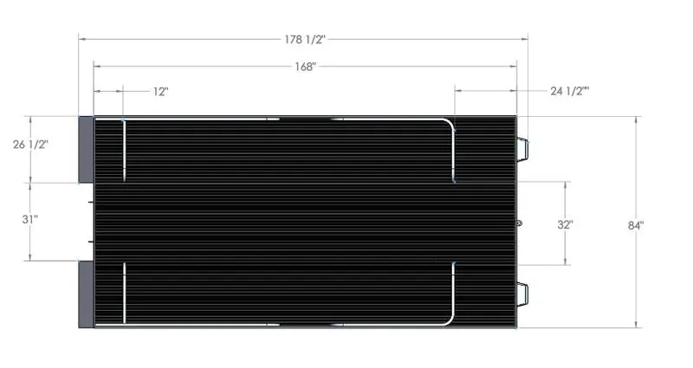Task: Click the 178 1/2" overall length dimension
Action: click(303, 39)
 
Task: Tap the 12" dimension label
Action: click(160, 91)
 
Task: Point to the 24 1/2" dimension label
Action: click(570, 91)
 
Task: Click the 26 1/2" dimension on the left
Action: click(30, 145)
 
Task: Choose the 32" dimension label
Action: click(565, 223)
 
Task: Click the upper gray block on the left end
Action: click(85, 148)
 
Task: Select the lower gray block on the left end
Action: click(85, 294)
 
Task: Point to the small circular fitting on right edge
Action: click(520, 223)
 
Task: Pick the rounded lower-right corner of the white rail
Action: click(450, 321)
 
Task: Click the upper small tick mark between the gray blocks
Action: click(90, 201)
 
